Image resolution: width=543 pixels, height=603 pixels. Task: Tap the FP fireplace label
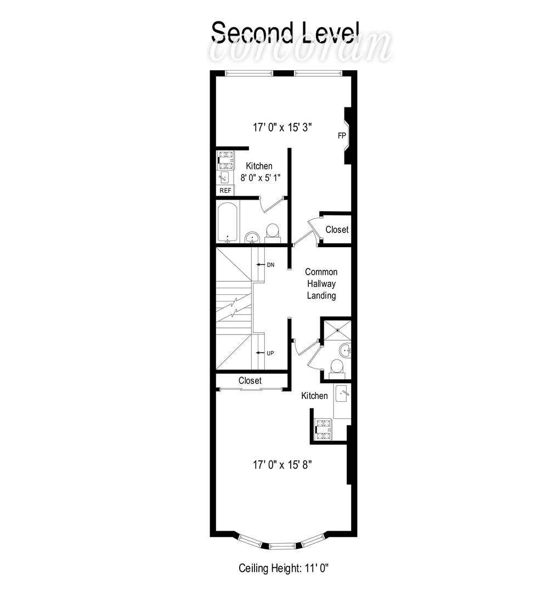click(342, 135)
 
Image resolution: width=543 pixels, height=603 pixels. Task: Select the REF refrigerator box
click(225, 190)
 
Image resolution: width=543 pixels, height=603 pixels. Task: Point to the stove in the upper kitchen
click(226, 161)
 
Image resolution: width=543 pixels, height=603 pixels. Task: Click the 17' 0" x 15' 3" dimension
click(282, 127)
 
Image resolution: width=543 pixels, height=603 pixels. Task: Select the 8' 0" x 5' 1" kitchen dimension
click(260, 178)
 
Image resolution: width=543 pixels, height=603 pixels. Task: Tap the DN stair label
click(270, 265)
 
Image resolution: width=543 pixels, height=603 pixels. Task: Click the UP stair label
click(270, 353)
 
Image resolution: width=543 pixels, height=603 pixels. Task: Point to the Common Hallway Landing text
click(321, 284)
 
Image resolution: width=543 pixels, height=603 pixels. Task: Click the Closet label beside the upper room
click(337, 230)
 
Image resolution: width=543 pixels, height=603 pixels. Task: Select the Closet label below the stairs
click(250, 381)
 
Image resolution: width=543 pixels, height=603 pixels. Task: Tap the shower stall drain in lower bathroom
click(337, 329)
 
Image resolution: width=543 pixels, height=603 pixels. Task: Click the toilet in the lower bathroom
click(336, 367)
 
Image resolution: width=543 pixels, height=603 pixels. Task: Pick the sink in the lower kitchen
click(342, 394)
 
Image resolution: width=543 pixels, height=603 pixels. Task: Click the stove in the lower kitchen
click(323, 429)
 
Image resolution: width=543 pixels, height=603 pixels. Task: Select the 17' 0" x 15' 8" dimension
click(282, 465)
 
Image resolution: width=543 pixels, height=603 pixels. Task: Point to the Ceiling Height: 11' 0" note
click(284, 567)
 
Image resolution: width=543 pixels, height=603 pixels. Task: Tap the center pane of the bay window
click(284, 545)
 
